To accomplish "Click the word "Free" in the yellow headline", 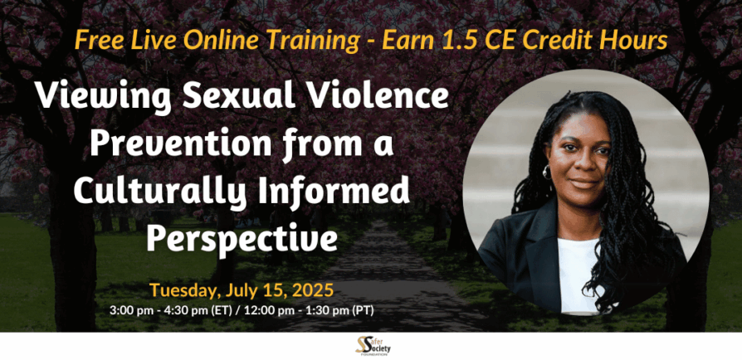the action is tap(93, 41).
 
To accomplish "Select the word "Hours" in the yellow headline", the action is tap(638, 41).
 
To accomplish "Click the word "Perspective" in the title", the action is tap(242, 240).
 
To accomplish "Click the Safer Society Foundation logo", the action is tap(373, 346).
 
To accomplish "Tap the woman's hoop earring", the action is tap(547, 172).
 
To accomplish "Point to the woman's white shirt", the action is tap(578, 275).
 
